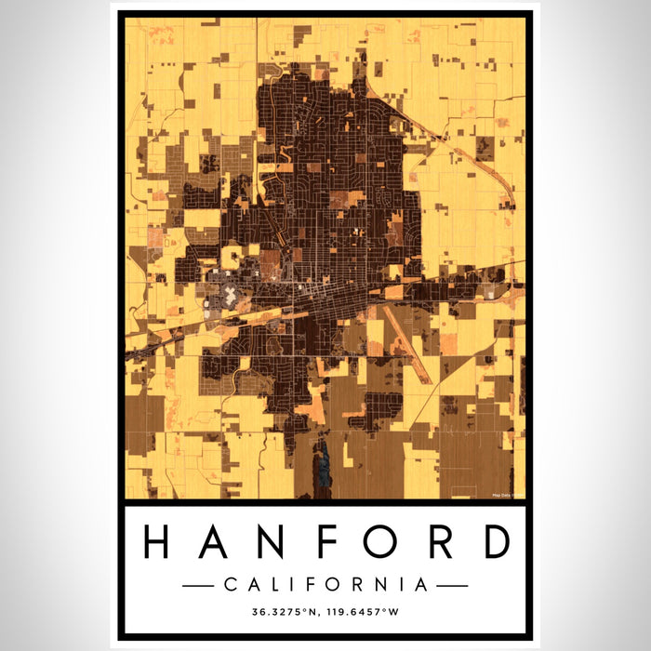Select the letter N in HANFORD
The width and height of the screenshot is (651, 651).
tap(269, 542)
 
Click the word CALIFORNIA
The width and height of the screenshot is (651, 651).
tap(325, 585)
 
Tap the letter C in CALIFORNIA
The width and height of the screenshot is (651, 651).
tap(230, 585)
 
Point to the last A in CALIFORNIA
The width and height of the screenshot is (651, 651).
tap(422, 585)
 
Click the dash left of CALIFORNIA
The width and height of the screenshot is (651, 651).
tap(197, 585)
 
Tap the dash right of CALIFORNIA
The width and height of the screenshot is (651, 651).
tap(453, 585)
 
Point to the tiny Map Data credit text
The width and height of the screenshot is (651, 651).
tap(508, 494)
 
